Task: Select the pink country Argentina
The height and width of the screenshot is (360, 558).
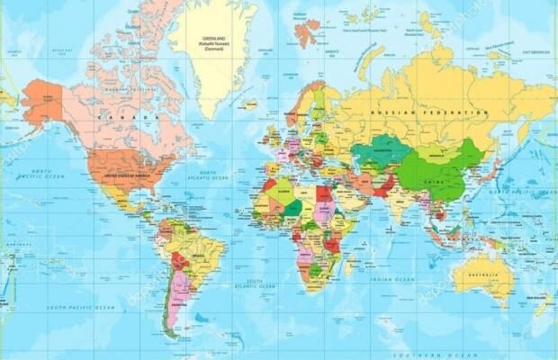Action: coord(178,293)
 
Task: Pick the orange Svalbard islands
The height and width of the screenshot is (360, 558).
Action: coord(308,32)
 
